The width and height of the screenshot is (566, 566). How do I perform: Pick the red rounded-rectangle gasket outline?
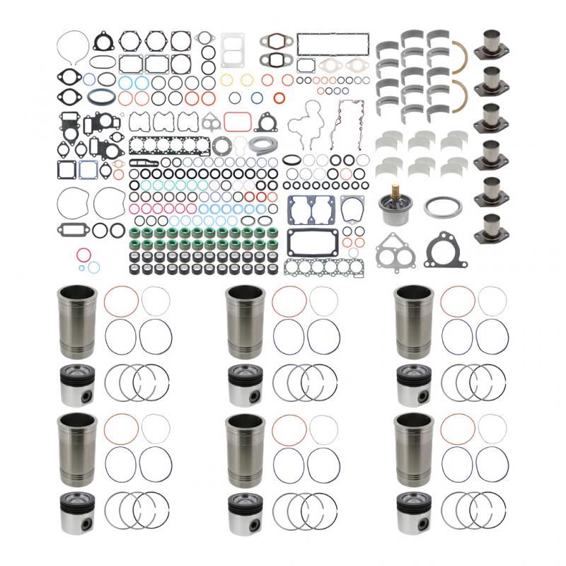click(x=238, y=121)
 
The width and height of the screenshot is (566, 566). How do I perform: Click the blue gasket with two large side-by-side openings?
click(x=306, y=209)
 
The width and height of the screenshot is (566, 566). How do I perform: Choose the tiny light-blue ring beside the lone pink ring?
click(x=84, y=267)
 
